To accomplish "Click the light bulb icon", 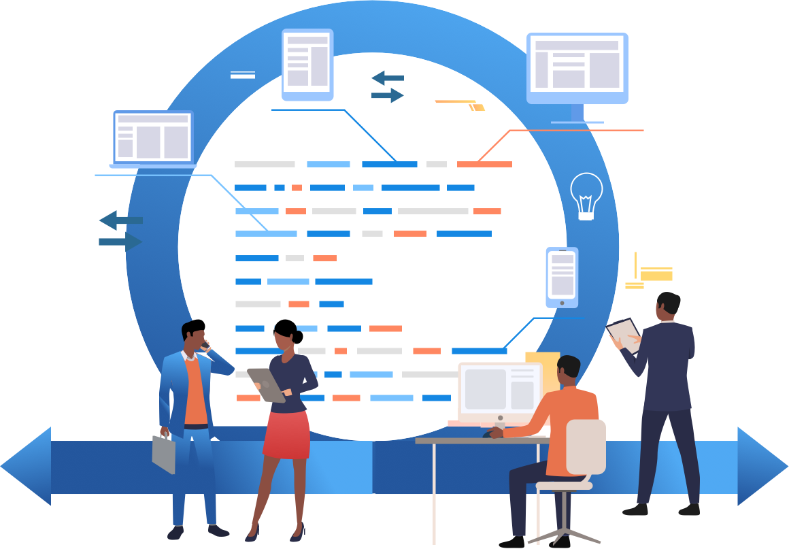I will [x=586, y=195].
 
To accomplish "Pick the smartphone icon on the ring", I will [x=562, y=276].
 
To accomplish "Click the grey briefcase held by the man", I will [x=164, y=452].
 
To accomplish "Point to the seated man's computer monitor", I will [x=500, y=391].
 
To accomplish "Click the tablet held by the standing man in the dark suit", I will [x=624, y=334].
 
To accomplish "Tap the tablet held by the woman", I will [x=266, y=385].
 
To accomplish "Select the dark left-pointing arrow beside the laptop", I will [x=120, y=220].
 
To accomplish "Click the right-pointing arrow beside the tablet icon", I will [x=388, y=95].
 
